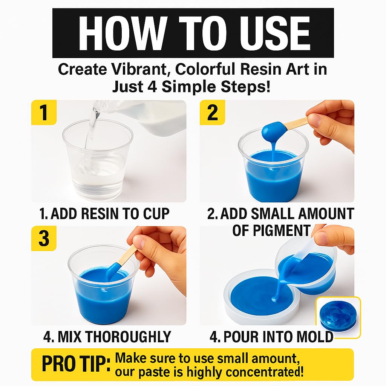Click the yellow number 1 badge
44,112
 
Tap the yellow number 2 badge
212,112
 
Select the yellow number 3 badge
44,238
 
